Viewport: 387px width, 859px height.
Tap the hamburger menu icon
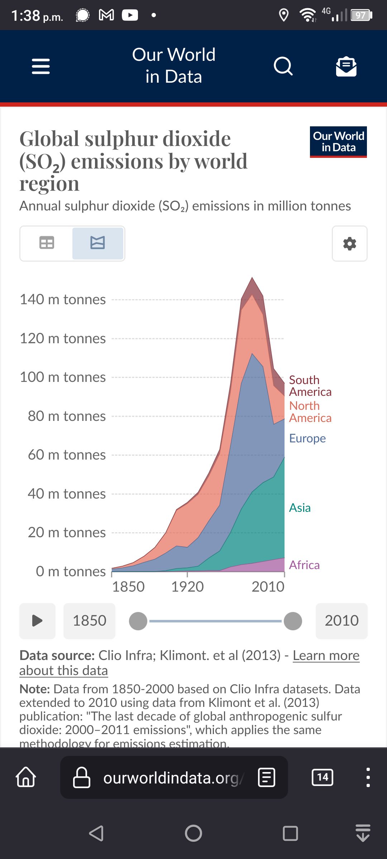(41, 67)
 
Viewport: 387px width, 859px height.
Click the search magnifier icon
(283, 66)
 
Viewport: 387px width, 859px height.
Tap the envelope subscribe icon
(346, 67)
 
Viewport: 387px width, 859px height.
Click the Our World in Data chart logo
(338, 142)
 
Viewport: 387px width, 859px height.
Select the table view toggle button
(47, 243)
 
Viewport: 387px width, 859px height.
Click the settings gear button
(349, 244)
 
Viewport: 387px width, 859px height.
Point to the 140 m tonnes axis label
(63, 300)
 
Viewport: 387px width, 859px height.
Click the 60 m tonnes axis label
(67, 455)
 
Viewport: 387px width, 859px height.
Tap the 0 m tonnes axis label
(71, 572)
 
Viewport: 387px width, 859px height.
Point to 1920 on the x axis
(187, 587)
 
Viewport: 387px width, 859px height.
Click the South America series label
(310, 386)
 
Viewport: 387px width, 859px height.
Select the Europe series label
(307, 438)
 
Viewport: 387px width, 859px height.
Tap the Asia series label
(300, 508)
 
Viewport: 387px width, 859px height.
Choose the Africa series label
(304, 565)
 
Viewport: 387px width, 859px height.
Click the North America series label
(310, 412)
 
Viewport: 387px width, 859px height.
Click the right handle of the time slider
(293, 621)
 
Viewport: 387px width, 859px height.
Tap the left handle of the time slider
(138, 621)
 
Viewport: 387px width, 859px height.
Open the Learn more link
(326, 656)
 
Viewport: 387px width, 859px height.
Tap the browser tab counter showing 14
(322, 777)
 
